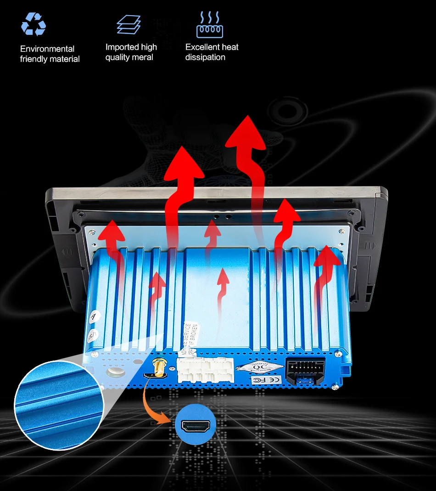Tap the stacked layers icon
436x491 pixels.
coord(129,24)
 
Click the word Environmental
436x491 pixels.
coord(47,49)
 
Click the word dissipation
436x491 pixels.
coord(205,57)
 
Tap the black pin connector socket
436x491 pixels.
coord(305,370)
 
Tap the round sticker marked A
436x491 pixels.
coord(94,316)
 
